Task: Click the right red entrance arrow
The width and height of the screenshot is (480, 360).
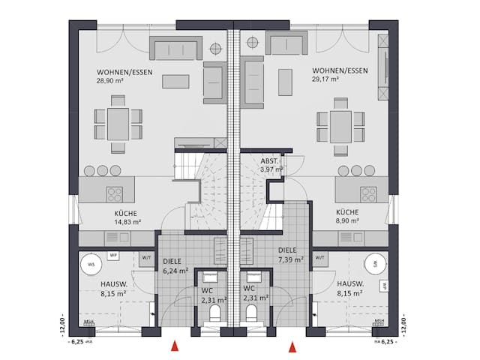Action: (x=292, y=346)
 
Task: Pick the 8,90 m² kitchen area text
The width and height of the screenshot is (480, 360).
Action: (x=348, y=222)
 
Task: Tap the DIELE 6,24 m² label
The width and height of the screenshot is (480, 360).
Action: (x=177, y=266)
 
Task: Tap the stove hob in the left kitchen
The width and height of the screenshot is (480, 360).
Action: (x=115, y=193)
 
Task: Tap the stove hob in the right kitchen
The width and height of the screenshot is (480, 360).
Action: (x=368, y=193)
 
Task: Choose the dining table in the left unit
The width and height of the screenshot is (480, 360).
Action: (x=116, y=123)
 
